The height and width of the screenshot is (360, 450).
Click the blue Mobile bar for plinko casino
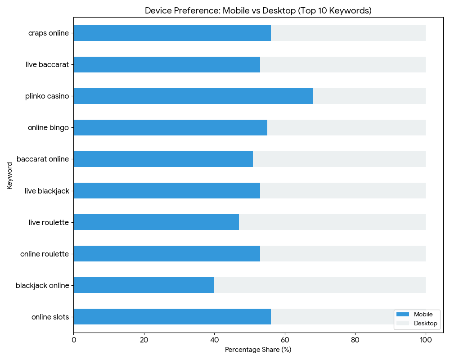coord(193,96)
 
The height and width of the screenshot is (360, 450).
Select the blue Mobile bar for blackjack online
coord(144,285)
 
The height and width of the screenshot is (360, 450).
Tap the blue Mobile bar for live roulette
coord(156,222)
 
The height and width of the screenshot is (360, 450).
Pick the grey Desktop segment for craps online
coord(348,33)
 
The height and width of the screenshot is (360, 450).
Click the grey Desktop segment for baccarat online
coord(339,159)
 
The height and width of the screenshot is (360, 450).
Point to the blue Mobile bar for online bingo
coord(171,127)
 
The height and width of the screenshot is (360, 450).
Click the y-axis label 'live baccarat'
coord(47,64)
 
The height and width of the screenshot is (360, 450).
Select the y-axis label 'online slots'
coord(50,317)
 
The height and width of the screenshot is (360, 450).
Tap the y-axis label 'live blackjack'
coord(47,191)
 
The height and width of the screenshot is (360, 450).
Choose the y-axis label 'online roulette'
coord(45,254)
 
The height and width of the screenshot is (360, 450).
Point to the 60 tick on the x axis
coord(285,340)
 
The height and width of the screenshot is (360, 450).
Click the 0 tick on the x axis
coord(74,340)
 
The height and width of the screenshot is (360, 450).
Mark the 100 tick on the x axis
coord(426,340)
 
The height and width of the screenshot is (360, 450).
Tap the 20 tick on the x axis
coord(144,340)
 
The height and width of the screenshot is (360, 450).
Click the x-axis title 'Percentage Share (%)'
coord(258,350)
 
